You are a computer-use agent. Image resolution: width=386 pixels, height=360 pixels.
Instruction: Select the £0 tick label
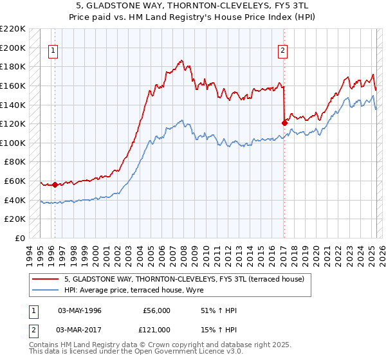point(20,238)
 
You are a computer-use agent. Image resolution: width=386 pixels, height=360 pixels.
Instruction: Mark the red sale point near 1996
point(55,184)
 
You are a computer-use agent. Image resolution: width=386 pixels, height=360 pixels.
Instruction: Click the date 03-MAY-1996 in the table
point(80,310)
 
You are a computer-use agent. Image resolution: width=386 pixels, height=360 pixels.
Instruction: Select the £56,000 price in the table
point(156,310)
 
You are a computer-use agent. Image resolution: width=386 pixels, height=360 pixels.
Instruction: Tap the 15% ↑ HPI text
point(219,329)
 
